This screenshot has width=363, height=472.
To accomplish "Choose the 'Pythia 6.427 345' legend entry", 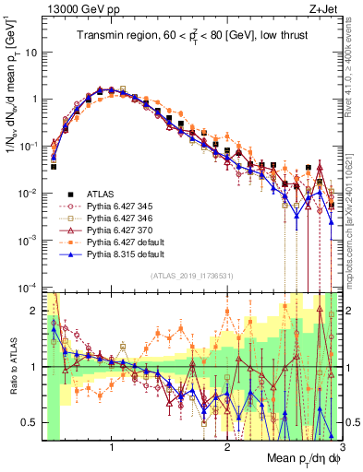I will click(119, 207).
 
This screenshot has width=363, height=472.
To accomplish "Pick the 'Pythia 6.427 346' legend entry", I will click(119, 220).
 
